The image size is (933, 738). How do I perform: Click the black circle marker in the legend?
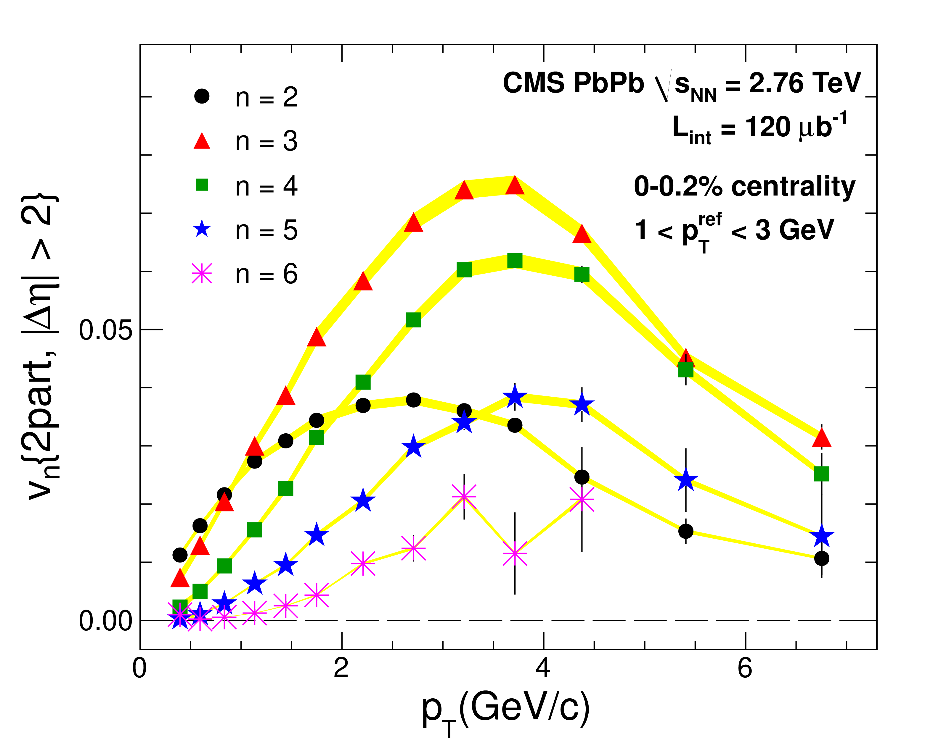pyautogui.click(x=202, y=96)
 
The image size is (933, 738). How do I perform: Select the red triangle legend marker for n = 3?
pyautogui.click(x=202, y=142)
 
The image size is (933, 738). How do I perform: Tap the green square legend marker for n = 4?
pyautogui.click(x=202, y=185)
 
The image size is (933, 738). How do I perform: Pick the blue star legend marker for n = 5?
pyautogui.click(x=202, y=229)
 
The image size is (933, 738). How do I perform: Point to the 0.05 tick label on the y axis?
pyautogui.click(x=105, y=330)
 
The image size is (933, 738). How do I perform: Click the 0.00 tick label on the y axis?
pyautogui.click(x=105, y=622)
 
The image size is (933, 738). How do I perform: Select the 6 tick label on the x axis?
pyautogui.click(x=745, y=668)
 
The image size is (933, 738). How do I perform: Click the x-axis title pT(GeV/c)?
pyautogui.click(x=506, y=709)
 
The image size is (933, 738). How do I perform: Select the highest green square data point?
pyautogui.click(x=515, y=261)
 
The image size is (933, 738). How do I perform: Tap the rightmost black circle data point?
pyautogui.click(x=821, y=558)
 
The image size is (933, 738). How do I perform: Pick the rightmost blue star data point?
pyautogui.click(x=821, y=537)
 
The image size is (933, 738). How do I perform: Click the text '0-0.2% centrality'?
pyautogui.click(x=744, y=187)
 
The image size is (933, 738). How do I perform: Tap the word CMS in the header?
pyautogui.click(x=533, y=83)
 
